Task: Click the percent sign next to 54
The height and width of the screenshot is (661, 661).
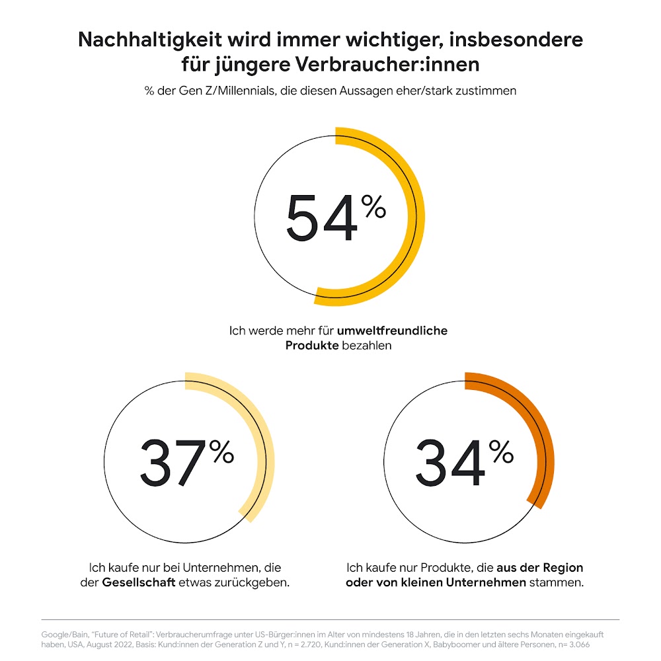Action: tap(373, 207)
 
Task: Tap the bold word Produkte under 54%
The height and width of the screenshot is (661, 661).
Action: tap(312, 346)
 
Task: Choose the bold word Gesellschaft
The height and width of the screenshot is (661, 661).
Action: tap(137, 583)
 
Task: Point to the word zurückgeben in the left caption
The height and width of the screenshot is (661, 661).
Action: tap(254, 583)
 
